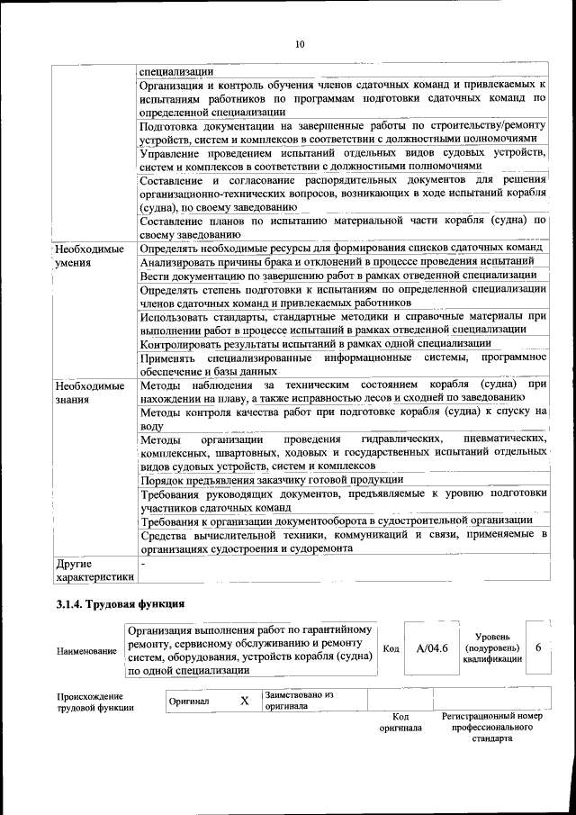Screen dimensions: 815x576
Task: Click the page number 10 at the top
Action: [300, 44]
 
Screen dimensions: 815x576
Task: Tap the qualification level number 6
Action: [537, 647]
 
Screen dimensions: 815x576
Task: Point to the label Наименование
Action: [86, 650]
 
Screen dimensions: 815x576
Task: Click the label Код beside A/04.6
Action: [391, 648]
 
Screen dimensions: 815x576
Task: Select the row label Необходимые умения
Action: [88, 255]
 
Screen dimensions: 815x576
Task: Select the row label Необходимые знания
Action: [88, 392]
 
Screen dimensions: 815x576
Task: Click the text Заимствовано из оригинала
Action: [299, 701]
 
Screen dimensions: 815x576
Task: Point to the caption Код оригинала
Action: [400, 721]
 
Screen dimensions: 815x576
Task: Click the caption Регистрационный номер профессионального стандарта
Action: [491, 727]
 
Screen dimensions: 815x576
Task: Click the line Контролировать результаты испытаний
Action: [315, 343]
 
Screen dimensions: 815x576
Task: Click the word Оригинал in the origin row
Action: [190, 701]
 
